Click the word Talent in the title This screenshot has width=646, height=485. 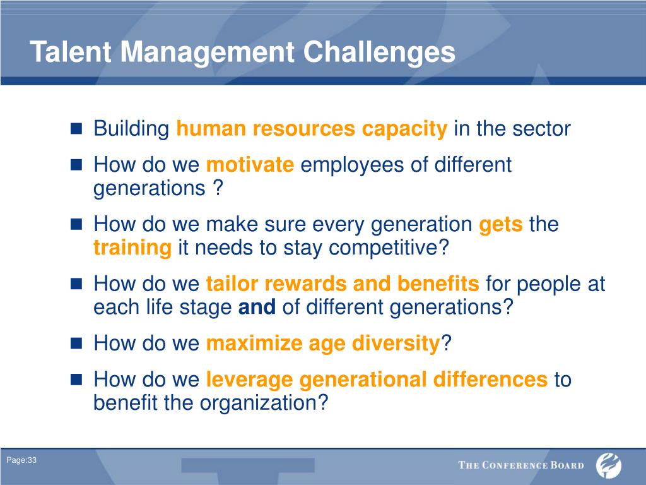(x=71, y=52)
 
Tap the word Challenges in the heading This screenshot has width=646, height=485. (x=379, y=53)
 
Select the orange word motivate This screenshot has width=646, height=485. (x=250, y=165)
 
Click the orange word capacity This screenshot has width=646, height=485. (x=404, y=129)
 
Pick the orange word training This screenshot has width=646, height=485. (x=132, y=248)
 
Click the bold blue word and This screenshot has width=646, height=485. (x=257, y=307)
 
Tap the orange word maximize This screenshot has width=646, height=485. (x=254, y=343)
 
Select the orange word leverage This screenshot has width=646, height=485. (x=249, y=380)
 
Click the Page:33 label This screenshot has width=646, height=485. (x=21, y=460)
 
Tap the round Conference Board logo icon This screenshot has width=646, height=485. (x=609, y=465)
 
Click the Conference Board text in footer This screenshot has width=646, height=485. (x=521, y=465)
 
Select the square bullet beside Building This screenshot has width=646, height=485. (x=76, y=129)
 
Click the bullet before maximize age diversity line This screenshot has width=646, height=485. (x=76, y=343)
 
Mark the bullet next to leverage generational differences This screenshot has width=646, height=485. (x=76, y=380)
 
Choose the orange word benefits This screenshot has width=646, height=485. (x=438, y=284)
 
